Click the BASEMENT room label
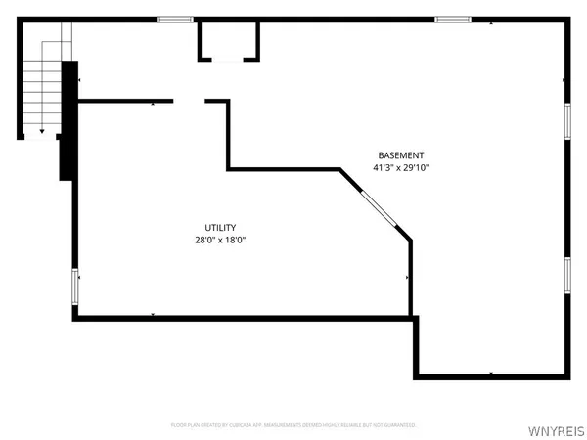(401, 155)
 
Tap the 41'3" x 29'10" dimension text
(401, 168)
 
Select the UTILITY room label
(220, 228)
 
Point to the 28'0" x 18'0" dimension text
(220, 241)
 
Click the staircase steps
(45, 83)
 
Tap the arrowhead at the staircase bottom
(42, 130)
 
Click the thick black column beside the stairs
(68, 120)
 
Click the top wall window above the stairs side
(174, 19)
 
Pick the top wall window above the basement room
(452, 19)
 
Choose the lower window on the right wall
(566, 275)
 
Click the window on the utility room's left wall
(75, 286)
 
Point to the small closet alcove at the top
(230, 41)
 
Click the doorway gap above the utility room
(189, 100)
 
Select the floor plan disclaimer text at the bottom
(293, 425)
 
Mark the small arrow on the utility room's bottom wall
(154, 314)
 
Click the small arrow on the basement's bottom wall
(489, 374)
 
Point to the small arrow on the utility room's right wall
(407, 279)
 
